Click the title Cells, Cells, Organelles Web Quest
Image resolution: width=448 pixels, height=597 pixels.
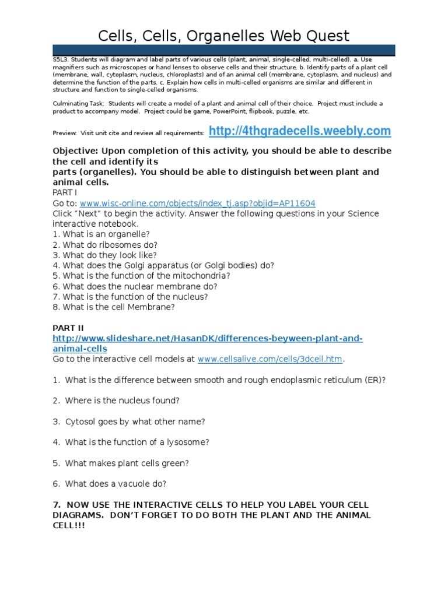pos(223,36)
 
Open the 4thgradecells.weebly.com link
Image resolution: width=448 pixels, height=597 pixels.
pos(299,131)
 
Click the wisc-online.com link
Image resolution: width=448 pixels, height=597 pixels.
pos(197,203)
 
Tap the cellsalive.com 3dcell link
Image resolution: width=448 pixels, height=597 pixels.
pos(270,359)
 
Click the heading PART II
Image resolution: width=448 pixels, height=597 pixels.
pos(68,328)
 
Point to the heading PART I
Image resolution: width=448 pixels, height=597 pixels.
pos(64,192)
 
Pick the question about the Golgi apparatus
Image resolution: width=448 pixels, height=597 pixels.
pos(163,265)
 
